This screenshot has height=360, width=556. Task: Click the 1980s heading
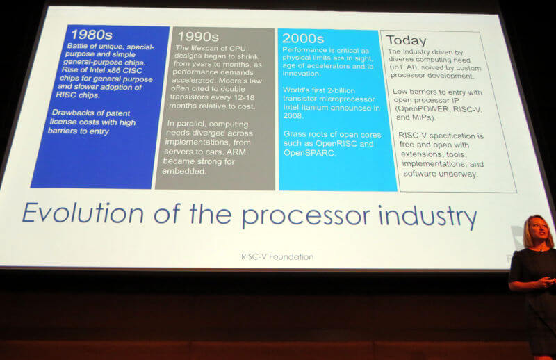[x=92, y=35]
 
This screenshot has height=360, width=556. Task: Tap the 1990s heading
[x=198, y=37]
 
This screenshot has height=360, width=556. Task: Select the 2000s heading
[x=303, y=38]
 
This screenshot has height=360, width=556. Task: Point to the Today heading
[x=406, y=40]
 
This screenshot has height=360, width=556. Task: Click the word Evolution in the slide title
[x=83, y=213]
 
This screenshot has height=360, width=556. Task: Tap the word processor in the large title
[x=306, y=216]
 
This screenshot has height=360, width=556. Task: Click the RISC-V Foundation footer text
[x=277, y=256]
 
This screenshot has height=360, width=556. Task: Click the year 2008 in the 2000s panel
[x=293, y=115]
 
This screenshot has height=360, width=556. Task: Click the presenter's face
[x=538, y=231]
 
